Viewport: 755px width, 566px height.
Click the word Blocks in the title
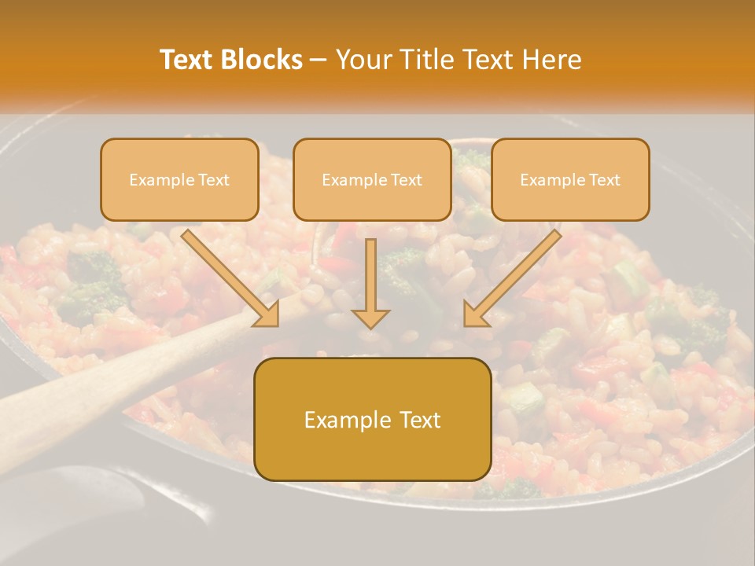[261, 60]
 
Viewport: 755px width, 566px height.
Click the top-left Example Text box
[179, 179]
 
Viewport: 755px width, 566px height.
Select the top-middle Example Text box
[372, 179]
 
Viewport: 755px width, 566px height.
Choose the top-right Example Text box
[570, 179]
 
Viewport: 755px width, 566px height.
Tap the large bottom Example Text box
[373, 419]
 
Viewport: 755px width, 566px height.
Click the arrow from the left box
[228, 276]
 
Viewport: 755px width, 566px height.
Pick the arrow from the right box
[515, 276]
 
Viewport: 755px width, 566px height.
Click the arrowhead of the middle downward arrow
[370, 317]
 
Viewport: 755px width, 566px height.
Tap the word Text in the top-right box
[604, 180]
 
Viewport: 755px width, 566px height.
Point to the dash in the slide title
[319, 61]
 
